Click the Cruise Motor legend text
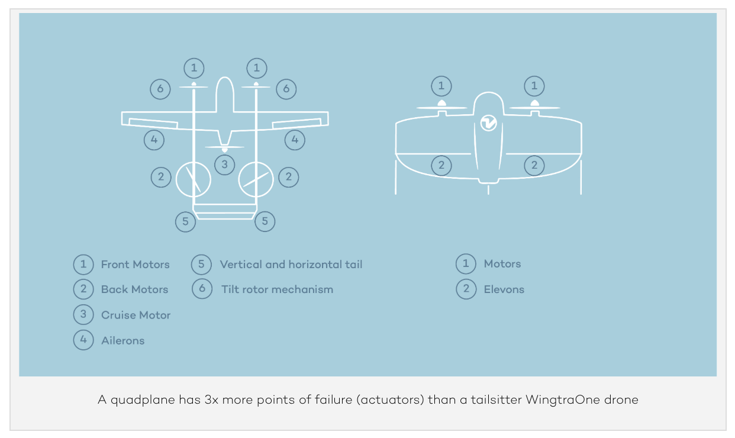tap(136, 315)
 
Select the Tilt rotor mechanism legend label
tap(277, 289)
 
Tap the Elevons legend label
tap(504, 289)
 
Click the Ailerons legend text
tap(122, 340)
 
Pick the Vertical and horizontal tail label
tap(291, 264)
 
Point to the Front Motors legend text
tap(135, 264)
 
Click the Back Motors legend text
tap(134, 289)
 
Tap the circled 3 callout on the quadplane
tap(224, 164)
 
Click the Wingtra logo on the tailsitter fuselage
tap(488, 123)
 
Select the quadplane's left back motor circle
tap(194, 179)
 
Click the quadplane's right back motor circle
tap(256, 179)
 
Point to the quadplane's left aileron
tap(153, 123)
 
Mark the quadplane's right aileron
tap(296, 123)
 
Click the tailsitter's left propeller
tap(441, 107)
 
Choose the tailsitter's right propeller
tap(535, 107)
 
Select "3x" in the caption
tap(212, 400)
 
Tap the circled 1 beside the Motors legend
tap(466, 264)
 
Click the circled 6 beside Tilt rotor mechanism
tap(202, 289)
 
